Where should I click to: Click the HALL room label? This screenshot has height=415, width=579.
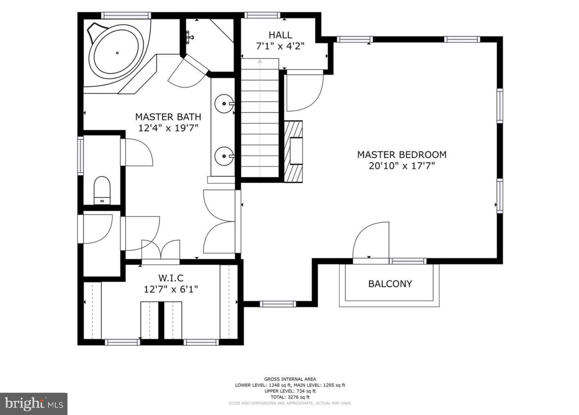(280, 35)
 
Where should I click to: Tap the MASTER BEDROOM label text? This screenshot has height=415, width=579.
(402, 155)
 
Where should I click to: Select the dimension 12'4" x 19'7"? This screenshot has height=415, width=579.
(168, 128)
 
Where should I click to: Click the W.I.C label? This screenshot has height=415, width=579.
(171, 278)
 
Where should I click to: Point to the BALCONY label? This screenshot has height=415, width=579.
(390, 284)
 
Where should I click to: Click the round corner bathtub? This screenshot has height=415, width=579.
(116, 53)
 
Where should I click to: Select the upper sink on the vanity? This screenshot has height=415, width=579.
(224, 103)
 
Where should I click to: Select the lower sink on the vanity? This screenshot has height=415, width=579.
(224, 156)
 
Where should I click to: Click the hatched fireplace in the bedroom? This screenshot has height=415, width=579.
(293, 151)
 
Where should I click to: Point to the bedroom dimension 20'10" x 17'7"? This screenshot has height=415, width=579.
(402, 166)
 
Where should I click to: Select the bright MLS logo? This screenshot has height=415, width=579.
(34, 404)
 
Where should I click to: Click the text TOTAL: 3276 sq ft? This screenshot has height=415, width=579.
(290, 397)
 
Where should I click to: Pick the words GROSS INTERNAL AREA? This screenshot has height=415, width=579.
(290, 379)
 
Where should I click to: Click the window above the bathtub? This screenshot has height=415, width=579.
(126, 15)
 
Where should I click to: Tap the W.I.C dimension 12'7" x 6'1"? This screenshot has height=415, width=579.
(171, 289)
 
